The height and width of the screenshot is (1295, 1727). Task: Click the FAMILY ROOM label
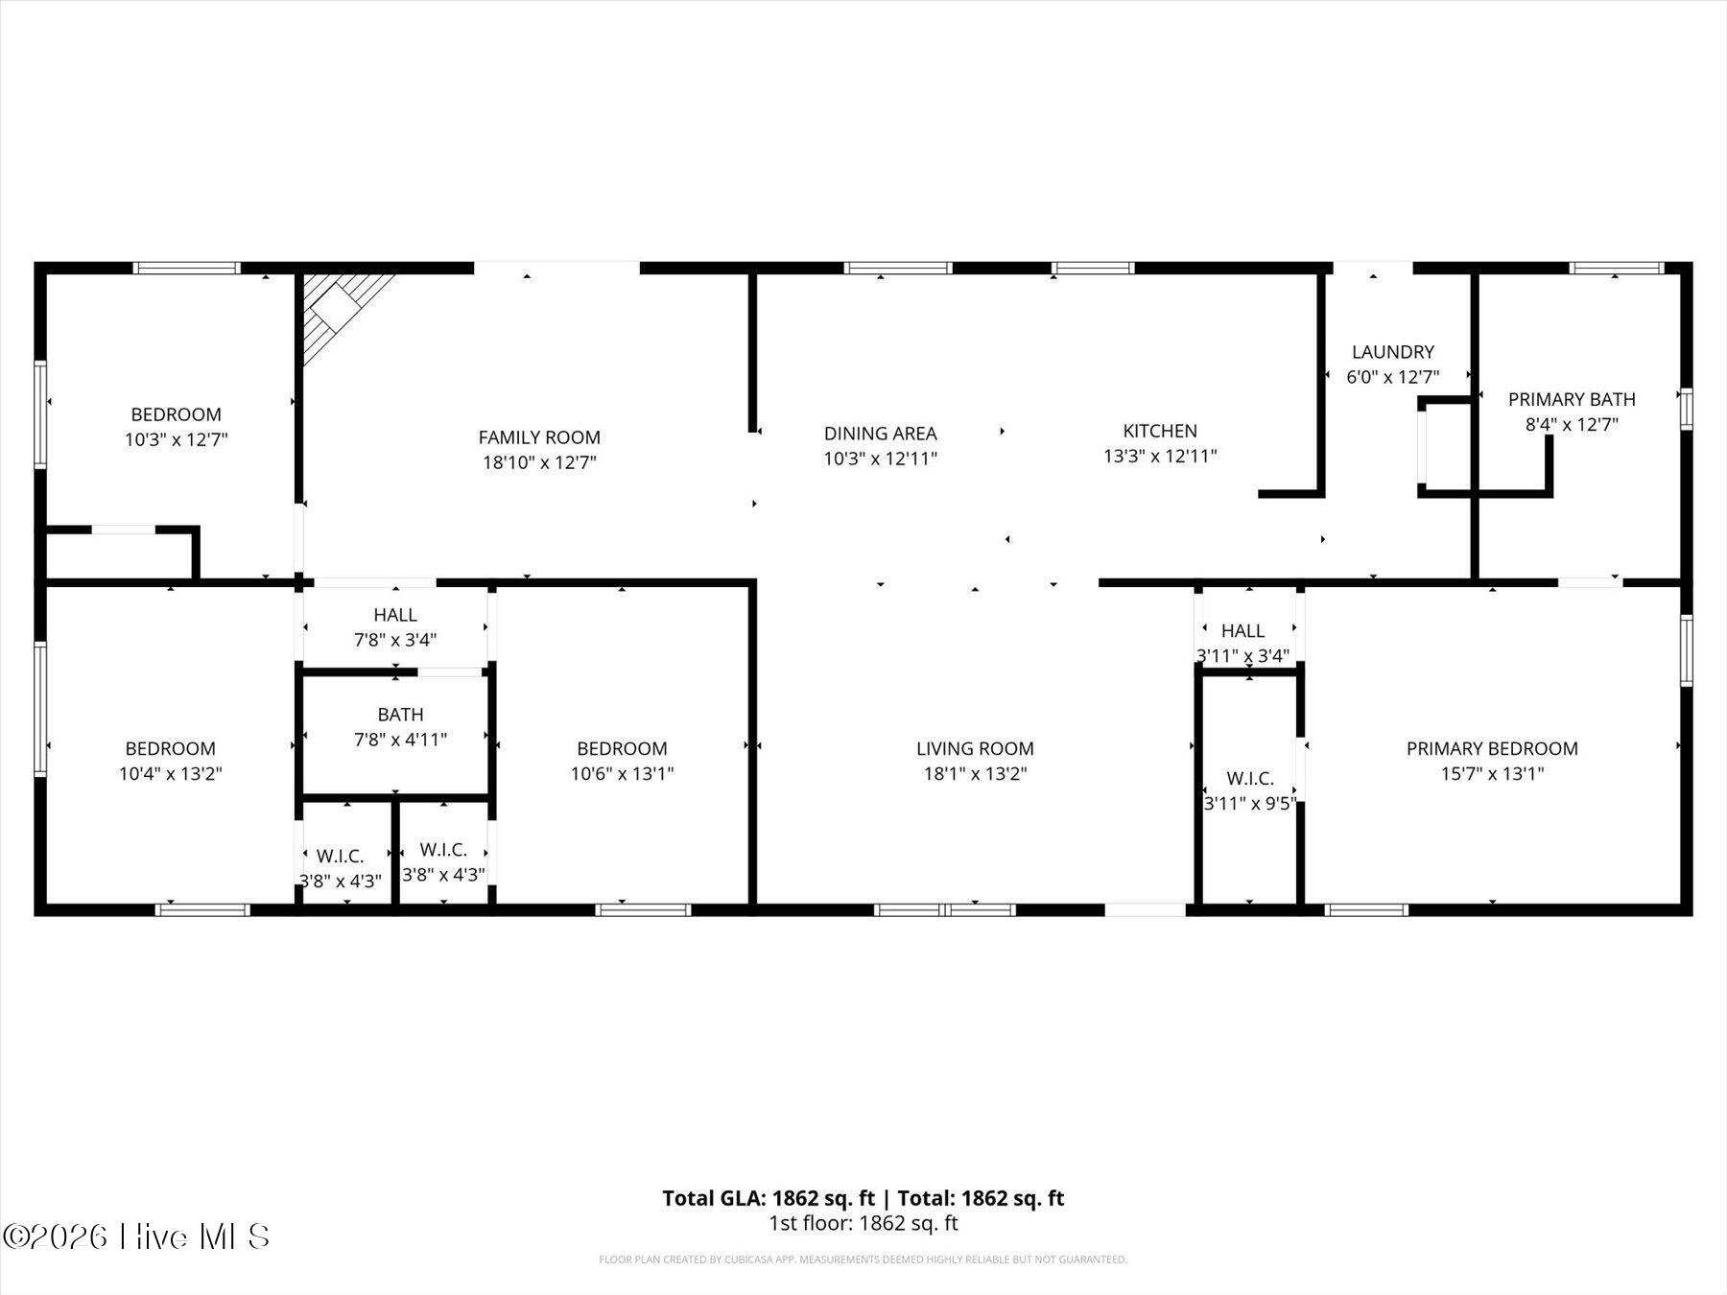click(539, 437)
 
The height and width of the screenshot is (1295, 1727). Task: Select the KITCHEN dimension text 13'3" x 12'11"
click(1160, 457)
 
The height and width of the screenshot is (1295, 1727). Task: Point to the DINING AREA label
click(880, 434)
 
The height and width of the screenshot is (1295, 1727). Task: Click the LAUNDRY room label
click(1392, 352)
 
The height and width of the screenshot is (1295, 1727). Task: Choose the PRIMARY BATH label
click(1572, 399)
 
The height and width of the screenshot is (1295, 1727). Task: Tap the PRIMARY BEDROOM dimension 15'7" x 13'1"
click(1492, 774)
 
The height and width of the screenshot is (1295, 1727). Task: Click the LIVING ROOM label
click(975, 748)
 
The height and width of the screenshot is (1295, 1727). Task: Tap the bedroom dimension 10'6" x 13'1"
click(622, 774)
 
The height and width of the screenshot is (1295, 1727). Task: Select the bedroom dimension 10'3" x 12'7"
click(176, 440)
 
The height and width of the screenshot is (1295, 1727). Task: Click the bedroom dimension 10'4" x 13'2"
click(170, 774)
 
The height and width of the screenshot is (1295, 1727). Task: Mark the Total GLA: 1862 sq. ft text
click(769, 1198)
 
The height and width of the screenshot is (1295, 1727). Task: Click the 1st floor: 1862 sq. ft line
click(863, 1223)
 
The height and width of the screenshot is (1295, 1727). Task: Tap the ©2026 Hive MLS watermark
click(136, 1236)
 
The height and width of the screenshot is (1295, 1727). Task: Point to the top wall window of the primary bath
click(1617, 268)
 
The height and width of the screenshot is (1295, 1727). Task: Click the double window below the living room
click(945, 909)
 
